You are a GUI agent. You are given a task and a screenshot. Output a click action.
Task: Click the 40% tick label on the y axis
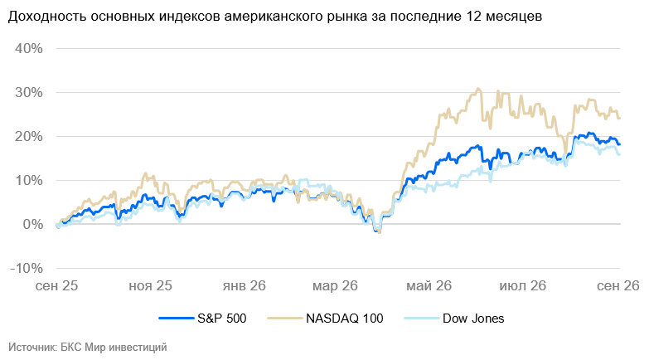(x=28, y=48)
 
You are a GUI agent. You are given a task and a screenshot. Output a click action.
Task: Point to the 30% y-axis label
(x=28, y=92)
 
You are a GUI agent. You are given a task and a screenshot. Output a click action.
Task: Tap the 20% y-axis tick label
(x=28, y=136)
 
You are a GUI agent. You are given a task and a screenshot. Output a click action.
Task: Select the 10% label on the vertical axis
(x=28, y=180)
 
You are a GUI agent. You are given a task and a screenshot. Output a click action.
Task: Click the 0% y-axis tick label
(x=32, y=224)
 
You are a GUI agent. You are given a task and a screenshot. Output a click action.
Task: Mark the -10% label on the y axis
(x=27, y=268)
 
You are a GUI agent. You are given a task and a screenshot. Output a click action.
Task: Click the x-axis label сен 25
(x=56, y=286)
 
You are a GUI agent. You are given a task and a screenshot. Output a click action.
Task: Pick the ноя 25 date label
(x=150, y=286)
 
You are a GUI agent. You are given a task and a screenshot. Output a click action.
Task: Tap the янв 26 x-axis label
(x=245, y=286)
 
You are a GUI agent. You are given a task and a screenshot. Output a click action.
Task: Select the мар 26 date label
(x=335, y=286)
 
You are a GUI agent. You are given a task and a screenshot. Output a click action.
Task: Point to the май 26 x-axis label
(x=429, y=286)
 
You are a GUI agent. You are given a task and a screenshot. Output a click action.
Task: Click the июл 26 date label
(x=523, y=286)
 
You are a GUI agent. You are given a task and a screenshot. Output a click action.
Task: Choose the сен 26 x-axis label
(x=618, y=286)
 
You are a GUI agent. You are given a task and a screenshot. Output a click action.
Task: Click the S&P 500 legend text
(x=222, y=319)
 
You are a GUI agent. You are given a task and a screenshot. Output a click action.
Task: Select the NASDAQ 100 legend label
(x=344, y=319)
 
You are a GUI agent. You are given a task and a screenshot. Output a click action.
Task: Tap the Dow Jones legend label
(x=473, y=319)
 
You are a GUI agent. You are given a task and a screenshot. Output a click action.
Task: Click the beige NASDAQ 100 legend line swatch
(x=285, y=319)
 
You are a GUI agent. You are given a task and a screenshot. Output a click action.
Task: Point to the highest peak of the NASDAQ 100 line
(x=478, y=88)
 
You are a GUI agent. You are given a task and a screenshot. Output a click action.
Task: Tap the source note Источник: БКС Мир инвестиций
(x=87, y=347)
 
